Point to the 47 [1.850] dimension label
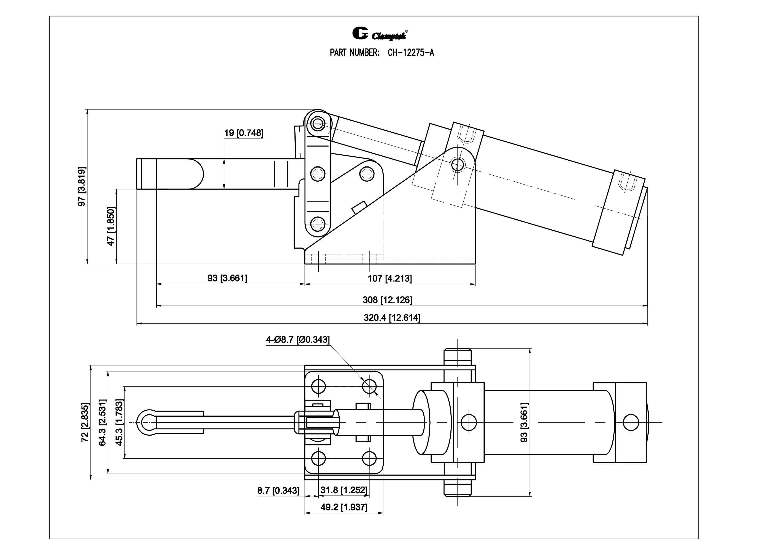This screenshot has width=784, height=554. click(111, 226)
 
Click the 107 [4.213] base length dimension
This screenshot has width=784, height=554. click(390, 279)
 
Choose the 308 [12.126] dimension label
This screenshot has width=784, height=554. click(387, 300)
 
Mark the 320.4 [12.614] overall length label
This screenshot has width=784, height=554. click(392, 318)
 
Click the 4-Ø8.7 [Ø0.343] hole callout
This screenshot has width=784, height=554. click(298, 340)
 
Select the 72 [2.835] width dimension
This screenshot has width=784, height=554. click(85, 423)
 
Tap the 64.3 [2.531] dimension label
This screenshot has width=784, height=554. click(102, 423)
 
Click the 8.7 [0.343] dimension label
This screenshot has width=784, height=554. click(278, 491)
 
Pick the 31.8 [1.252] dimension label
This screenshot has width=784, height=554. click(343, 490)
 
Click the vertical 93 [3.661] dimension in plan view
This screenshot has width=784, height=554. click(524, 423)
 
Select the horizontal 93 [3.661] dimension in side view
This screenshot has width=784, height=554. click(227, 278)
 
